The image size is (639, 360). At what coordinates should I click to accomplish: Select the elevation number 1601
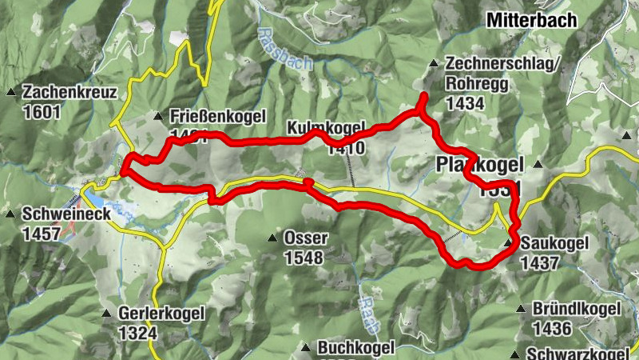[42, 111]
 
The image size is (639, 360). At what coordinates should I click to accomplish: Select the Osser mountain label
[304, 238]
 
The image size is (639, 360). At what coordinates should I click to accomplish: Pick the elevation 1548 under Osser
[304, 258]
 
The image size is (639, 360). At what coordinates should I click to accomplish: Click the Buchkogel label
[356, 348]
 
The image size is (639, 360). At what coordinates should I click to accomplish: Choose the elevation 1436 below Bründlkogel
[554, 328]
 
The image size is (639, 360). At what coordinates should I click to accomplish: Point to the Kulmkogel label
[326, 128]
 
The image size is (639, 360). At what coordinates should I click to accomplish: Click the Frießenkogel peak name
[217, 117]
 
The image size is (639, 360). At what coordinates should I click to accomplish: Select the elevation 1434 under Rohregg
[466, 102]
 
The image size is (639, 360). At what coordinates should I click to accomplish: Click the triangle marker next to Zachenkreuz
[11, 92]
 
